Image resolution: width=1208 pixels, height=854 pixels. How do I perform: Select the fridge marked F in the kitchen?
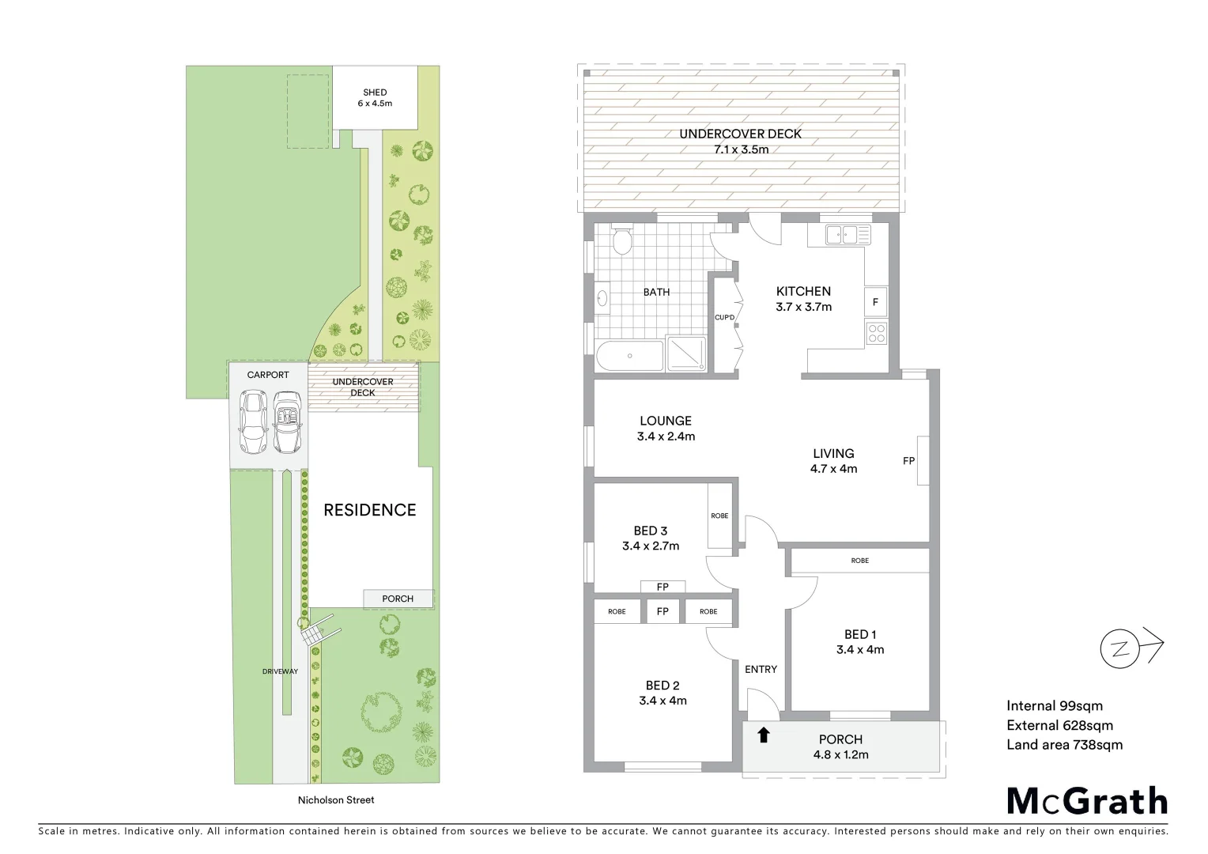[876, 302]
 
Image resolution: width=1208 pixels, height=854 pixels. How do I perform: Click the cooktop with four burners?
[876, 333]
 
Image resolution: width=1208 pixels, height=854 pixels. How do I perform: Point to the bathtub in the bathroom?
[629, 356]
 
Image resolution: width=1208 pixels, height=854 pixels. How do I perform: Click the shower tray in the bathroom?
[686, 353]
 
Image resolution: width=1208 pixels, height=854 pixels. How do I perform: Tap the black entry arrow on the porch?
[763, 735]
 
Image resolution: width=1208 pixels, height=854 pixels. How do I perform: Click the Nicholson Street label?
[336, 799]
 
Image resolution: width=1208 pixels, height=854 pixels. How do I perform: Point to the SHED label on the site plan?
[375, 93]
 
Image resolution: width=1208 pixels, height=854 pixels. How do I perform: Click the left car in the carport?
[254, 423]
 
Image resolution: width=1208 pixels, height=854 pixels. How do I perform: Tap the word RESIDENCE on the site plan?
[370, 510]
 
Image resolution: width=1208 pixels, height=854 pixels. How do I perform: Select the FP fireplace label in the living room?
[909, 460]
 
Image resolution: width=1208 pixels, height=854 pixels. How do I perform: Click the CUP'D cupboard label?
[725, 318]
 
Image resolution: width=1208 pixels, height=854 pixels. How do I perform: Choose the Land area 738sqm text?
[1064, 744]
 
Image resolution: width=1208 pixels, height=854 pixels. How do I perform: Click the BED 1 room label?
[860, 634]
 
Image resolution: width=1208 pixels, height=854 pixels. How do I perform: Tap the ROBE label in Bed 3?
[719, 516]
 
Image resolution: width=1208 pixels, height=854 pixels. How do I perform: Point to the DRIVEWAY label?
[280, 671]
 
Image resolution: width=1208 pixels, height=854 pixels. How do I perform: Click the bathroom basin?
[602, 298]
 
